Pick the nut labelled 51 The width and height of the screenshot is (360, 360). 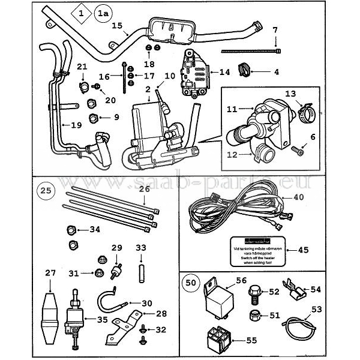pyautogui.click(x=254, y=316)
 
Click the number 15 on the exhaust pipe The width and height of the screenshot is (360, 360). pyautogui.click(x=117, y=26)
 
